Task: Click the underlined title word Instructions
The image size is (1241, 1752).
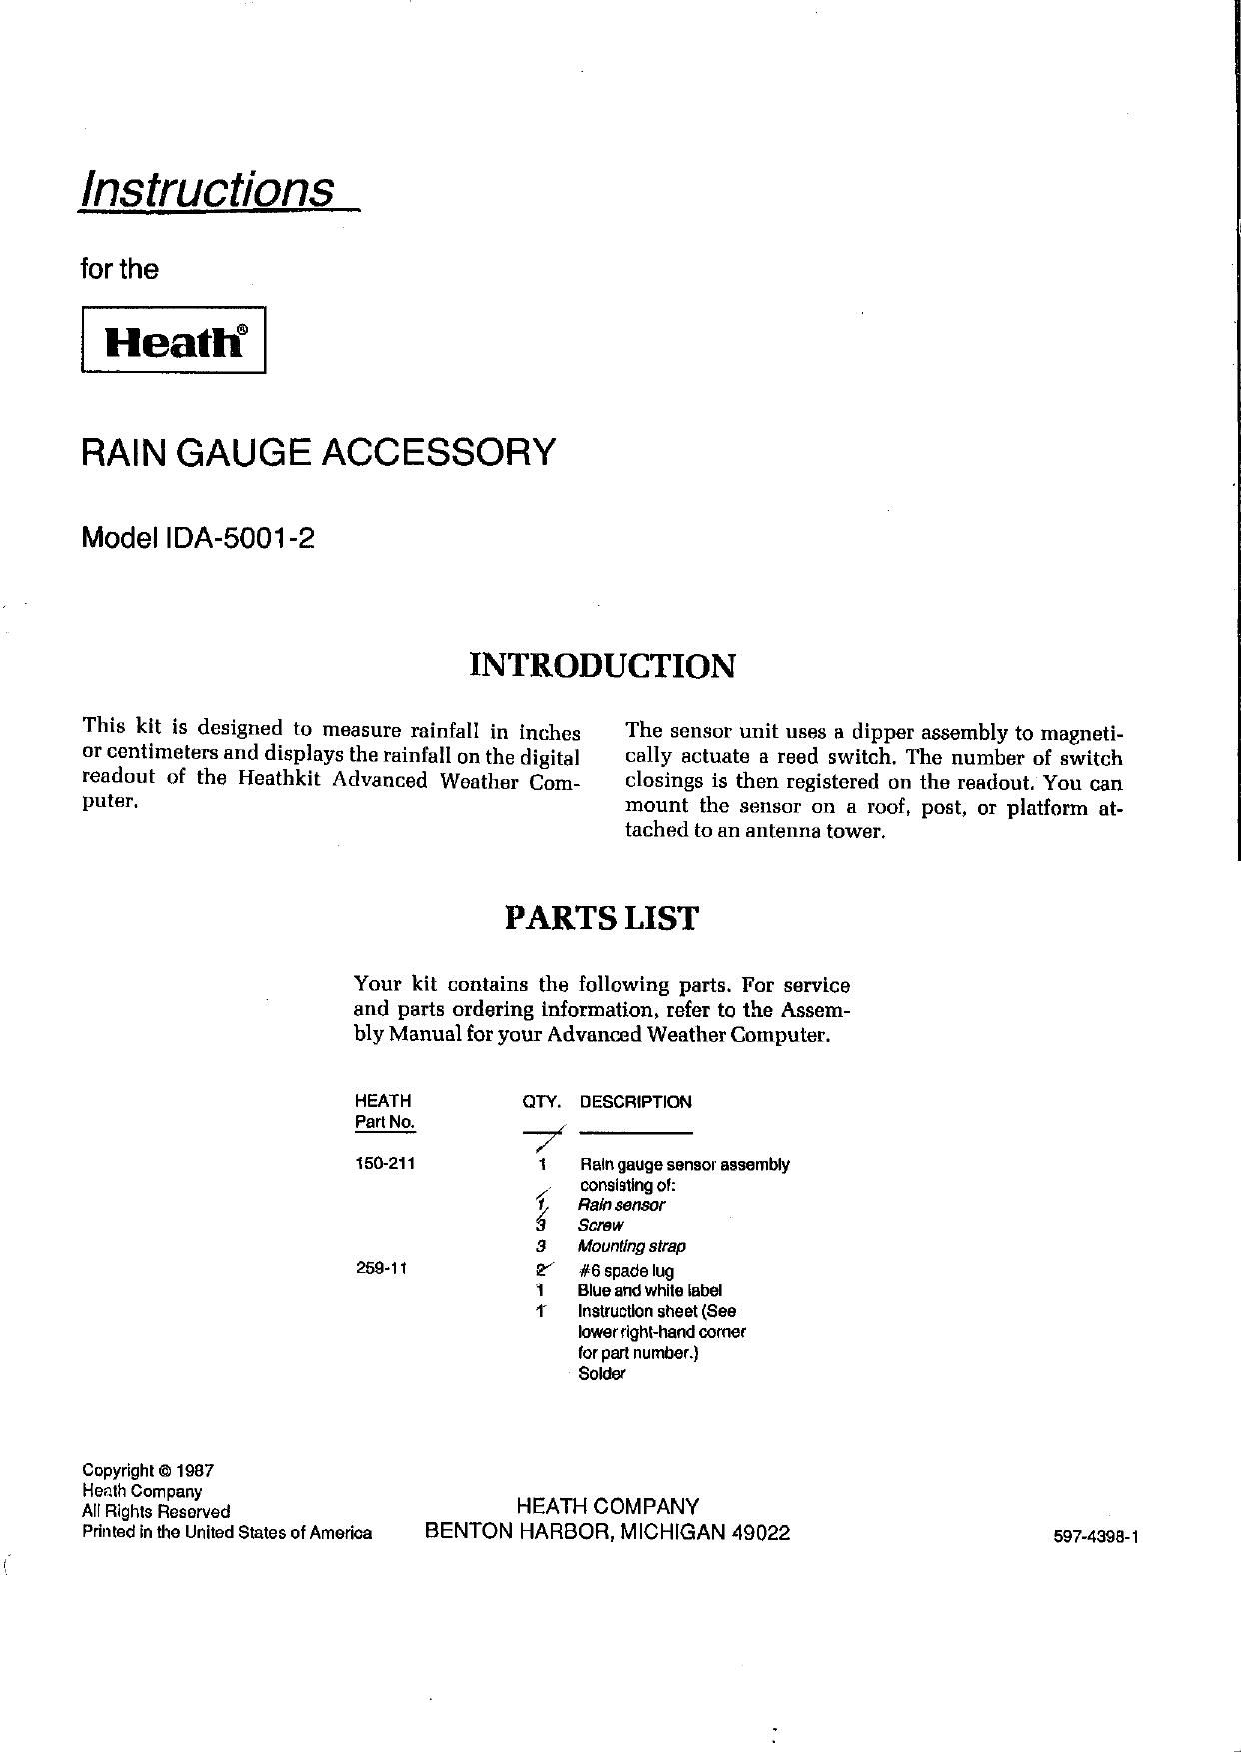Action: coord(208,188)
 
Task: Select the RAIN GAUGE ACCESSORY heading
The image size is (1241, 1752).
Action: coord(318,452)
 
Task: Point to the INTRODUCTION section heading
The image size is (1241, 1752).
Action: coord(603,665)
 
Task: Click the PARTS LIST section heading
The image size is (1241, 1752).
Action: coord(602,918)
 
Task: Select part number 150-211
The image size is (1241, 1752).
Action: coord(385,1164)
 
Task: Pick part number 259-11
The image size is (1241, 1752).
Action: coord(381,1270)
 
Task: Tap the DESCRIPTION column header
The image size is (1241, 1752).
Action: coord(635,1102)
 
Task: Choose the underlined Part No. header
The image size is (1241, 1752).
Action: coord(385,1122)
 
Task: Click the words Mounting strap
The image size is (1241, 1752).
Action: coord(631,1246)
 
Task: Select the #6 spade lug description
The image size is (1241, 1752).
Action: coord(625,1271)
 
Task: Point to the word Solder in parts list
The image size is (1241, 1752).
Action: coord(602,1374)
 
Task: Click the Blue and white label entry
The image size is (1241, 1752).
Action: coord(649,1291)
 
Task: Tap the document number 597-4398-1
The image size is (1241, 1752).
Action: coord(1096,1538)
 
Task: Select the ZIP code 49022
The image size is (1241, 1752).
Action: coord(761,1533)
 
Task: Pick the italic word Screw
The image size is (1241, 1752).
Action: coord(601,1225)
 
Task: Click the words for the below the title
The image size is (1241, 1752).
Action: coord(119,269)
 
